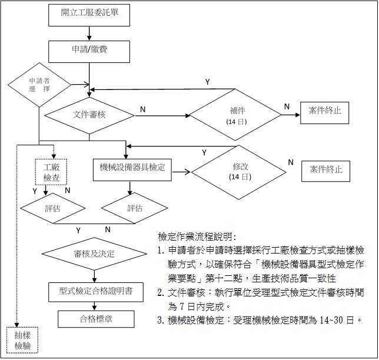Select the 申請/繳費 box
coord(88,52)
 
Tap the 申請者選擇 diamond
coord(39,84)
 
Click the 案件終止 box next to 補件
coord(324,111)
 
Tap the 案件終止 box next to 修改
coord(325,171)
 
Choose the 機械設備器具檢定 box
coord(132,168)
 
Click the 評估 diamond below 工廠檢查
coord(50,208)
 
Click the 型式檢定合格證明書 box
coord(95,291)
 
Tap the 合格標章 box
coord(96,319)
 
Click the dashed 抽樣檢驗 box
coord(22,339)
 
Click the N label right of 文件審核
coord(143,109)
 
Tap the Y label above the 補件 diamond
coord(207,81)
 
